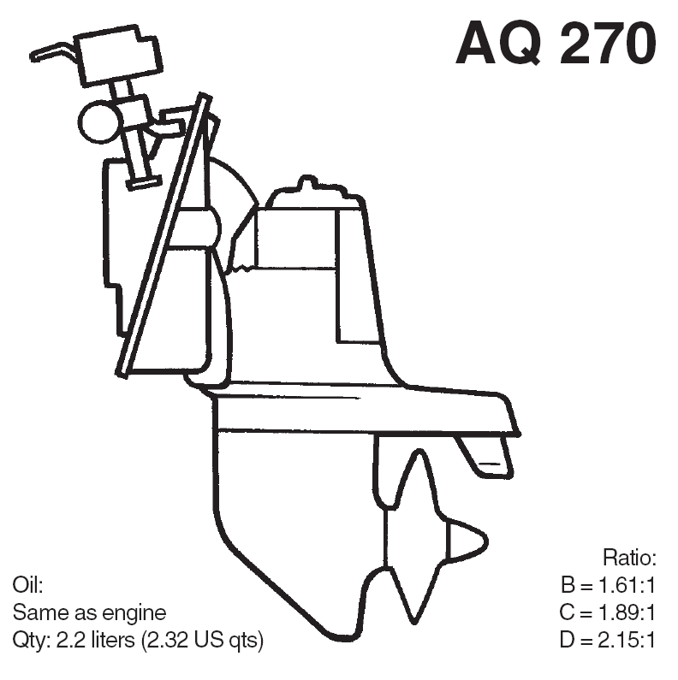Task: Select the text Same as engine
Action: (x=89, y=612)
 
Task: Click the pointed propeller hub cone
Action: (x=467, y=541)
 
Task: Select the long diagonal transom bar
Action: (x=164, y=235)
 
